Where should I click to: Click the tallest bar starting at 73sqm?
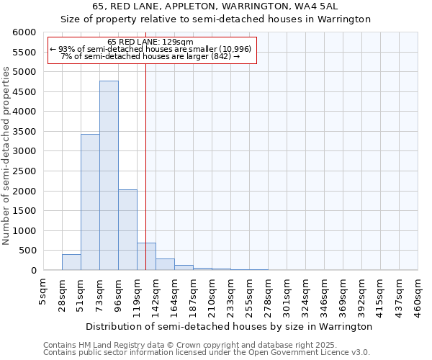coord(109,176)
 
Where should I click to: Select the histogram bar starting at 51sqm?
coord(90,202)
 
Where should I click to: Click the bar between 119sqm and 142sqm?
coord(146,256)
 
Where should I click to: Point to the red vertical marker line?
coord(146,180)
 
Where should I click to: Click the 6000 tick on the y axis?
coord(24,32)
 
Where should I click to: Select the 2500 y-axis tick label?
coord(24,171)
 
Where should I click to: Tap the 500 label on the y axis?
coord(27,251)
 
